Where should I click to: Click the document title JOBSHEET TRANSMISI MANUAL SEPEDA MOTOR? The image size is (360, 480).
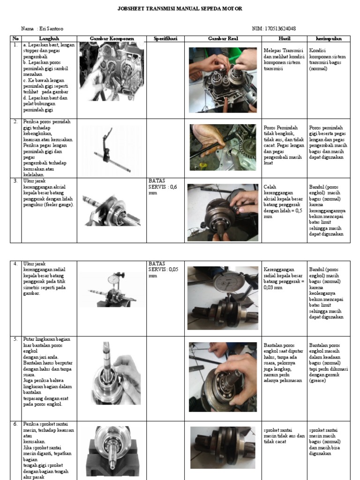pyautogui.click(x=180, y=9)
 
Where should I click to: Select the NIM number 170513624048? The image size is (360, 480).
pyautogui.click(x=274, y=29)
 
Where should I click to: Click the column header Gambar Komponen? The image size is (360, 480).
pyautogui.click(x=112, y=38)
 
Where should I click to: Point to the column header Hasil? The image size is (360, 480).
pyautogui.click(x=285, y=38)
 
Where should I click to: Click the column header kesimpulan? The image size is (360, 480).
pyautogui.click(x=328, y=38)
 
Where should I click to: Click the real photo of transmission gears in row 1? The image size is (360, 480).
pyautogui.click(x=223, y=79)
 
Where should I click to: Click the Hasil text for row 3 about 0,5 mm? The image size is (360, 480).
pyautogui.click(x=284, y=201)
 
